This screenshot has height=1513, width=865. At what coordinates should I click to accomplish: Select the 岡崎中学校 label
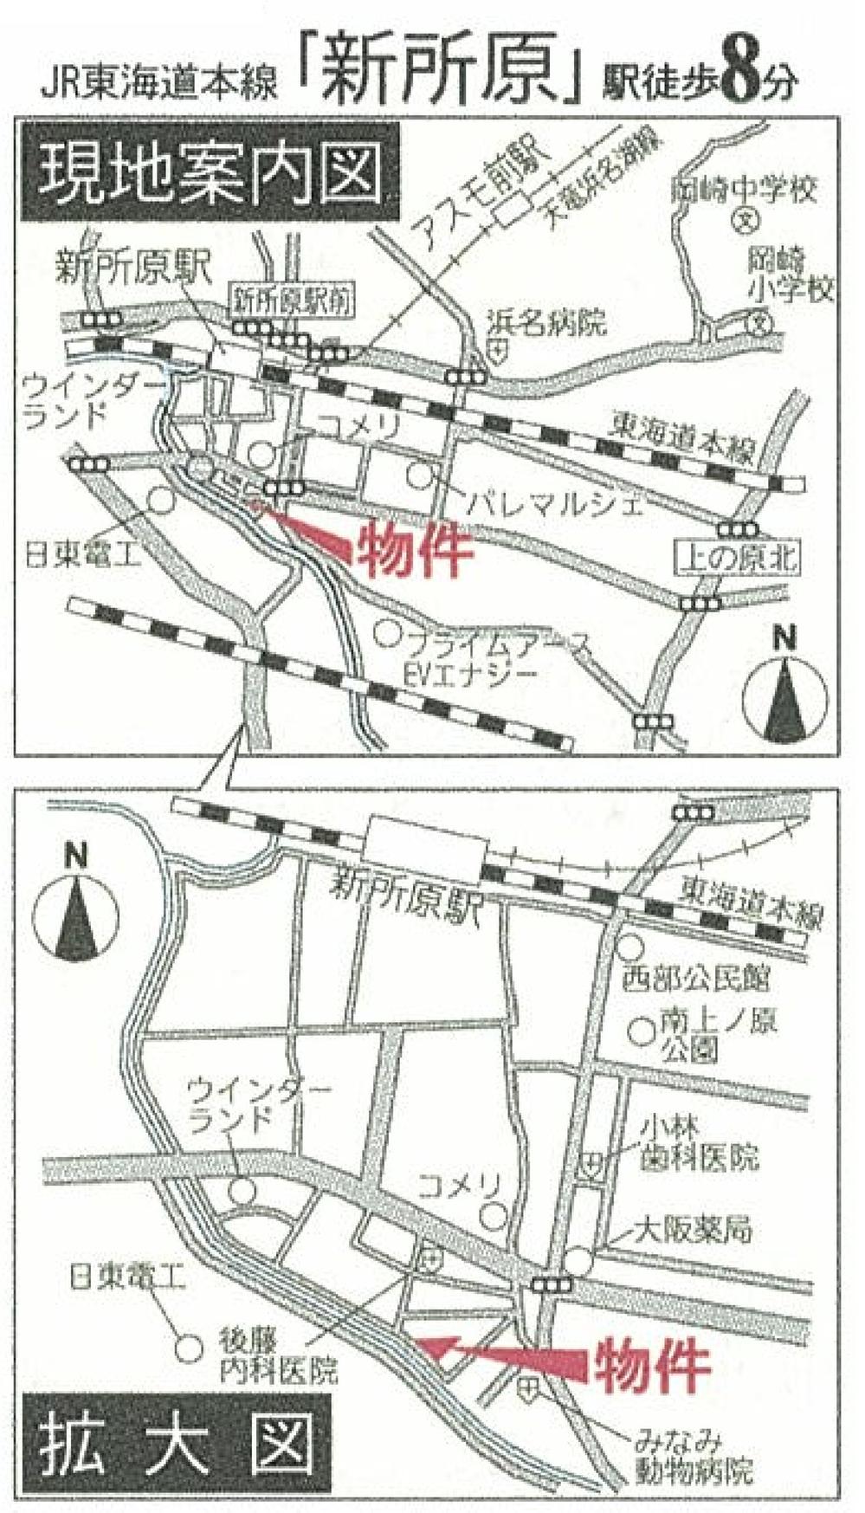point(744,188)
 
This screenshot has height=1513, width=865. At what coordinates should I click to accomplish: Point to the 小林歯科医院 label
point(698,1142)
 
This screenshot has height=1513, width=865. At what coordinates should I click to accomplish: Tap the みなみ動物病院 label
point(693,1455)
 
